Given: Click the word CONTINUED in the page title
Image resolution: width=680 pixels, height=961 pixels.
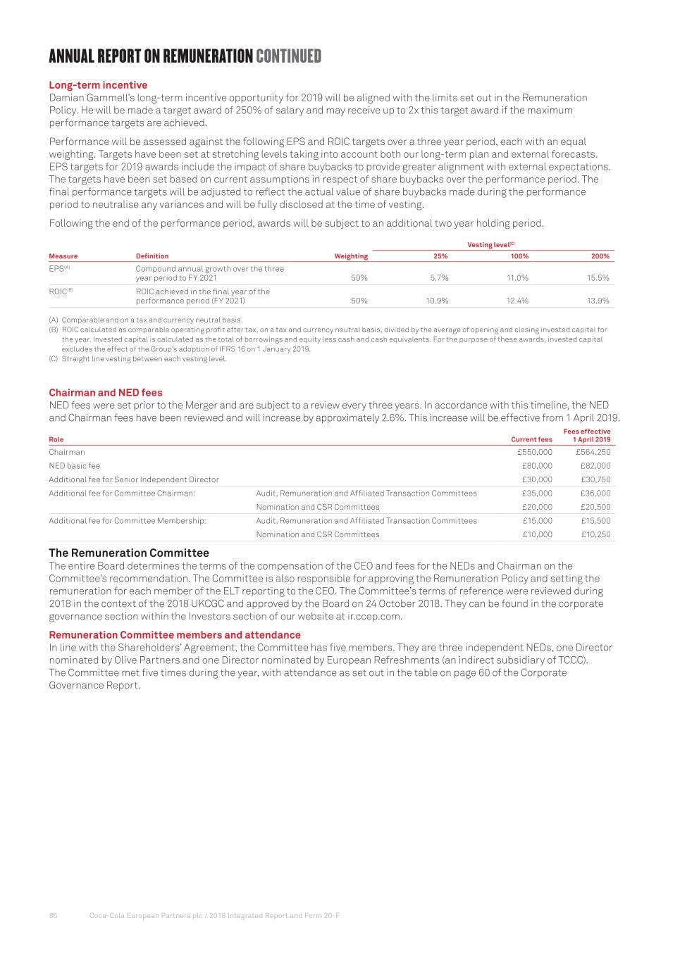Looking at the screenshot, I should [x=288, y=56].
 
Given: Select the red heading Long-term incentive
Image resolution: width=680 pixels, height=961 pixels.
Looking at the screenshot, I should [x=98, y=85].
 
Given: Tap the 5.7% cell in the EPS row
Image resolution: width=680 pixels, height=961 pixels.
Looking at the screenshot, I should [x=439, y=278].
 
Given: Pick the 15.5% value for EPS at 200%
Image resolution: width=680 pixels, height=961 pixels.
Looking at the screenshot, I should [x=598, y=278].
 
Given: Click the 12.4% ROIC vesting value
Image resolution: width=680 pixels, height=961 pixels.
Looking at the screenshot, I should [x=517, y=301].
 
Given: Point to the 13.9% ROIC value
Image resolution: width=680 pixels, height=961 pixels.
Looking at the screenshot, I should [x=598, y=301].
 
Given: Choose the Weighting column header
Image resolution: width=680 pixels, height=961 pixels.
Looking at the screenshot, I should [x=351, y=256].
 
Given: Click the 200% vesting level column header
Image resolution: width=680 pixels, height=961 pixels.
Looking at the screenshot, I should [x=600, y=256].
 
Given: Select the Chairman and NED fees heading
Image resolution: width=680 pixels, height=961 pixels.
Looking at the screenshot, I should [x=106, y=393].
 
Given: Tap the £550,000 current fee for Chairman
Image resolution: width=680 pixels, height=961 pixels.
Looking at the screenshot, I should [x=535, y=452].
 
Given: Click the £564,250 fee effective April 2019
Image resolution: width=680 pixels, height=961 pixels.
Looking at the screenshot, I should [x=593, y=452].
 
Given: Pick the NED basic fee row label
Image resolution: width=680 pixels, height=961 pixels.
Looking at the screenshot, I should [x=75, y=466].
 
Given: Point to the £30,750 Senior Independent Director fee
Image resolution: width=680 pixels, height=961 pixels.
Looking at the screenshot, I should [x=595, y=479].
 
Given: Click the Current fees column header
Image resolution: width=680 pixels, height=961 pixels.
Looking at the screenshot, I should [x=531, y=439].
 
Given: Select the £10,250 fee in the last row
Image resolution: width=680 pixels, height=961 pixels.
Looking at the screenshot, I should [x=595, y=534].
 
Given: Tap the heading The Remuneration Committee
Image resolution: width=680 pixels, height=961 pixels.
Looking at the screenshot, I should [x=129, y=553].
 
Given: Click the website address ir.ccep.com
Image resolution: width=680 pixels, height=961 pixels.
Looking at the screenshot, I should [x=374, y=617].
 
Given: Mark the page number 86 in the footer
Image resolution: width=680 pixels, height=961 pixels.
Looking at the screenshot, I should [x=53, y=916].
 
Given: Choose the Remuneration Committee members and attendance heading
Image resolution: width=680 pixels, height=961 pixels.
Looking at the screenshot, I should [x=175, y=635].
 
